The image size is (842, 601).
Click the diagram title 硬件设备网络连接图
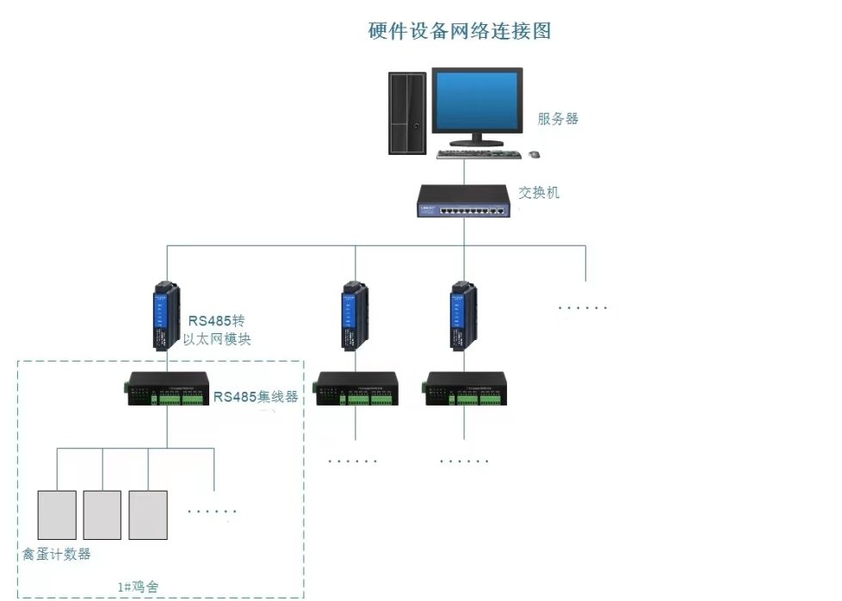point(459,32)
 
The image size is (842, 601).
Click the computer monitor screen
point(477,102)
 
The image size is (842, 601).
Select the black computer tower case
point(406,113)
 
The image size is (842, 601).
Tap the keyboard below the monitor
point(479,155)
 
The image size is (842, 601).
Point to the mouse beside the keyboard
point(535,155)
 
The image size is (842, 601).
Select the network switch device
point(463,201)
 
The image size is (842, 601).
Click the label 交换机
point(539,193)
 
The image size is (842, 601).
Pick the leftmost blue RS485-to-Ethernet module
point(166,315)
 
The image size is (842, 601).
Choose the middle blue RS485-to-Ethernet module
point(352,315)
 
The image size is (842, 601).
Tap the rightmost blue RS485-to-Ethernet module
point(461,315)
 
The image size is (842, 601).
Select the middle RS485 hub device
point(356,390)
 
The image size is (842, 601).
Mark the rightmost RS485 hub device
point(465,390)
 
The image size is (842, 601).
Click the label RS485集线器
point(256,397)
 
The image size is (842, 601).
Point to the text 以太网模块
point(218,340)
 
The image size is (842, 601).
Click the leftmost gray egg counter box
point(57,515)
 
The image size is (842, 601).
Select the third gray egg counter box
point(147,515)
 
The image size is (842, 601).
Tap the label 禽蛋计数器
point(57,555)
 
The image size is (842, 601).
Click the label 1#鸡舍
point(138,587)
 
